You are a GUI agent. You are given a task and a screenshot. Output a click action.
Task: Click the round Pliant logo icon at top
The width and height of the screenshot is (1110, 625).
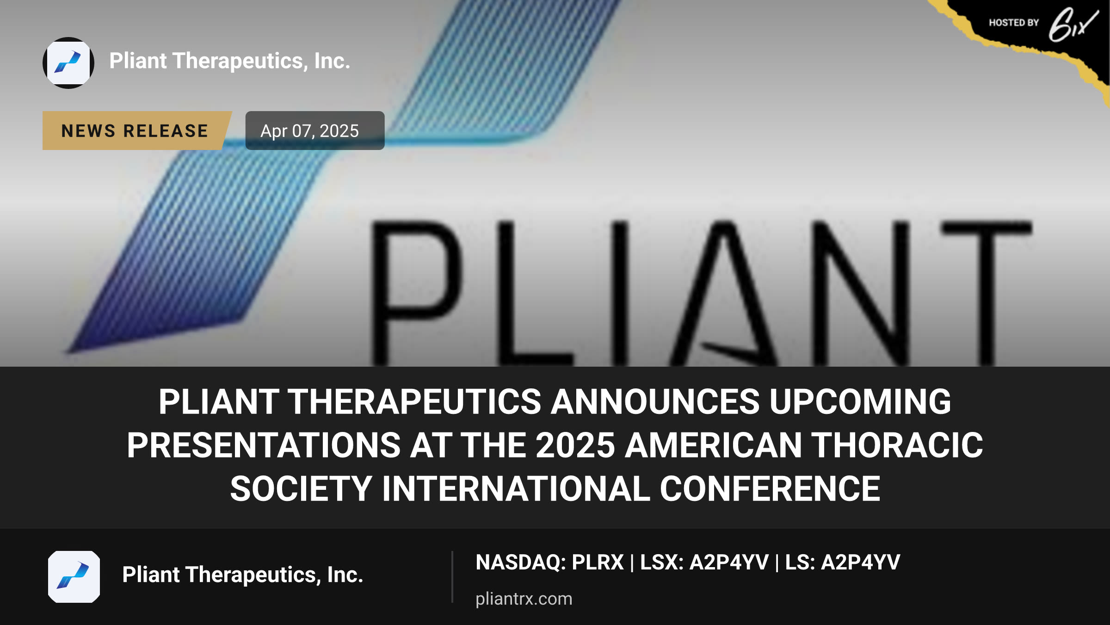68,63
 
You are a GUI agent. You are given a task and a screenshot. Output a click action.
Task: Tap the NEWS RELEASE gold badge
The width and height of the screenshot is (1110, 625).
137,131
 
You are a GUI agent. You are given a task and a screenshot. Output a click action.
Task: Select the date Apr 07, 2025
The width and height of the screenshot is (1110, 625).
310,131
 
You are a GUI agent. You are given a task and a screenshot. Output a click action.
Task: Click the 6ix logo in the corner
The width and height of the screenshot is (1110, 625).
1073,24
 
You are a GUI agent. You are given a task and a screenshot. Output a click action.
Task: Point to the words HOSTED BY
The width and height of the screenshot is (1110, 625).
1014,23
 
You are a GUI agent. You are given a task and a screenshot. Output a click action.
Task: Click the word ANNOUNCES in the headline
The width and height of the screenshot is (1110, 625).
655,401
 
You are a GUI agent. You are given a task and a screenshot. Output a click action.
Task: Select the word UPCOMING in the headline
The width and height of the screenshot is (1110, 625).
860,401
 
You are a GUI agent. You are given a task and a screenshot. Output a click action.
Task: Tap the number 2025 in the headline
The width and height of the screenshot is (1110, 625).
575,445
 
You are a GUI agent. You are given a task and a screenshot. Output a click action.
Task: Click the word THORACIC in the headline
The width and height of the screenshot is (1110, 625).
897,445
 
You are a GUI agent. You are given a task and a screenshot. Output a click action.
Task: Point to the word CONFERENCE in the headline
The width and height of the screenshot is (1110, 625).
770,489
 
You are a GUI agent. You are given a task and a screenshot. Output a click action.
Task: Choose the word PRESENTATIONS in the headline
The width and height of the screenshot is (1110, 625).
264,445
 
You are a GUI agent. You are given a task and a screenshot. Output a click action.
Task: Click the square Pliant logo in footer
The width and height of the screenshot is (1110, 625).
74,577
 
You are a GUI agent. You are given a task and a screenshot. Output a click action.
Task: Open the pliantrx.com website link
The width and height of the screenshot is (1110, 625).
524,599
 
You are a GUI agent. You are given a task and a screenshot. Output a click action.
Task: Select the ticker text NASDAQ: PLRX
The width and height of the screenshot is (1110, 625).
550,562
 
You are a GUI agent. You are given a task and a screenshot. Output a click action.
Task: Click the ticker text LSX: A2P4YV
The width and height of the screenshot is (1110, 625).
704,562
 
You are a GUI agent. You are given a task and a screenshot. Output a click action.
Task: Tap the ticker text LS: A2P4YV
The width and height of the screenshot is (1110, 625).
843,562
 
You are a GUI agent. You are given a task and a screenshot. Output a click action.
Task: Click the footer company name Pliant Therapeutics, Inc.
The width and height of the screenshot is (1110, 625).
243,575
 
